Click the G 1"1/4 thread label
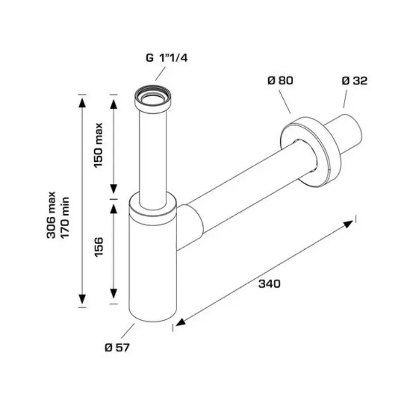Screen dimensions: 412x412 166,58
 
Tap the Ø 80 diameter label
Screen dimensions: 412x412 280,80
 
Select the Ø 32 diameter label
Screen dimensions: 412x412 354,80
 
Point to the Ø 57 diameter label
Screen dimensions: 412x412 117,348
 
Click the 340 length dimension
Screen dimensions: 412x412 269,284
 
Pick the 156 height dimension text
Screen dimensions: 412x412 99,247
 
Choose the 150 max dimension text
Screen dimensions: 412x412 98,145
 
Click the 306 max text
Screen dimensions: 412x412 51,215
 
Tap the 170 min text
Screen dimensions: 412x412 65,217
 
